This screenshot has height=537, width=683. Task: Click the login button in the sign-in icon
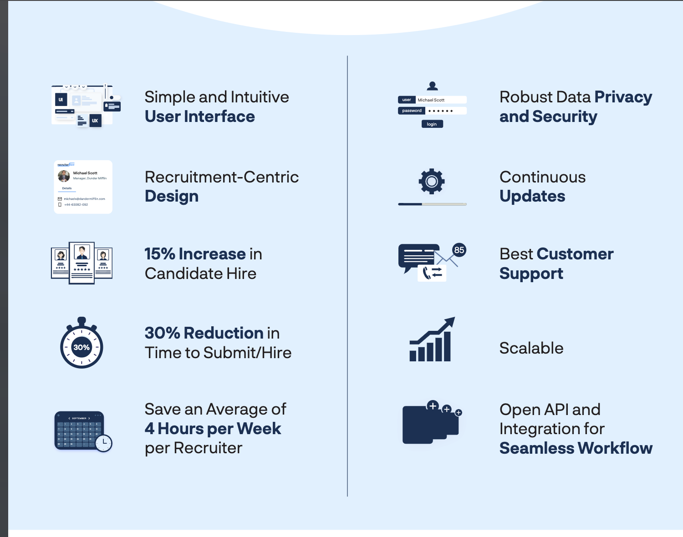pos(432,124)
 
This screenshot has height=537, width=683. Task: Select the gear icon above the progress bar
pos(432,182)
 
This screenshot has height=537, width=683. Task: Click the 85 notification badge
pos(459,250)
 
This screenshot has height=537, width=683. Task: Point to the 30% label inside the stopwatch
pos(82,347)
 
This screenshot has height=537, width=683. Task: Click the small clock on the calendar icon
pos(104,442)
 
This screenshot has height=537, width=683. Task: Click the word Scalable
pos(531,348)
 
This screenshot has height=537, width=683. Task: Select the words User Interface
pos(200,117)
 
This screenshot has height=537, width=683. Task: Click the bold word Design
pos(172,196)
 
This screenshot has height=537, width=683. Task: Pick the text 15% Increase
pos(195,254)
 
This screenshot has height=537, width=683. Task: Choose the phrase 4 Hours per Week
pos(213,429)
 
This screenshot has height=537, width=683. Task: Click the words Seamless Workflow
pos(576,448)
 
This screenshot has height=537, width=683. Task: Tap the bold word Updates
pos(532,196)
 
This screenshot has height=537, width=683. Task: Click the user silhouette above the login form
pos(432,86)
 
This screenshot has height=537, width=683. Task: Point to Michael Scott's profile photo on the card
pos(64,176)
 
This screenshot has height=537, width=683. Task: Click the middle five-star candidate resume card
pos(82,263)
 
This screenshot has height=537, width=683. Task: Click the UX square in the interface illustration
pos(95,121)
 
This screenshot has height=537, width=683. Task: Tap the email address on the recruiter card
pos(84,199)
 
